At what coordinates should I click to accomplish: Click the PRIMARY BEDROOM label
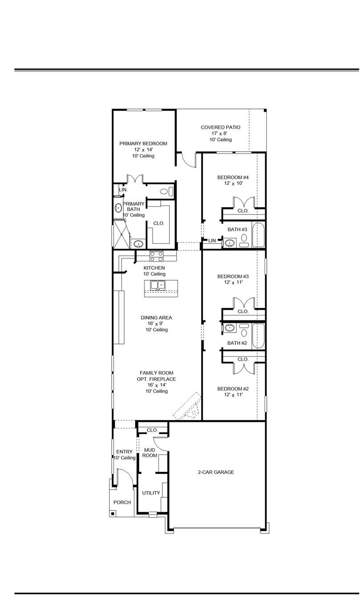(143, 144)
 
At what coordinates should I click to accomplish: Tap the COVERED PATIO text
(220, 128)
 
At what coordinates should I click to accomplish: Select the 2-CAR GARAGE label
(216, 472)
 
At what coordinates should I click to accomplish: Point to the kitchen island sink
(157, 285)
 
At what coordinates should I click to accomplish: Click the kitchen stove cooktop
(156, 256)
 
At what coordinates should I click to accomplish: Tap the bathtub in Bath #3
(258, 234)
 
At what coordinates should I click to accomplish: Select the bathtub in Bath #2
(258, 336)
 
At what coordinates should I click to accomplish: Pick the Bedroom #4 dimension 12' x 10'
(230, 183)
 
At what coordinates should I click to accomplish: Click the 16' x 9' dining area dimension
(156, 324)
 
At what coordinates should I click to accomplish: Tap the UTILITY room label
(151, 493)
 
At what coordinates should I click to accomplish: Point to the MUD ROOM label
(149, 453)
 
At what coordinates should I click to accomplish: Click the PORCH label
(122, 502)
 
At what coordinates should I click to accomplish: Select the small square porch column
(113, 513)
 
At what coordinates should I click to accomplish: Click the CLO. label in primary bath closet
(159, 223)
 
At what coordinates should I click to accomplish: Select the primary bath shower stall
(120, 234)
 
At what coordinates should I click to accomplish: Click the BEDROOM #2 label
(230, 389)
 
